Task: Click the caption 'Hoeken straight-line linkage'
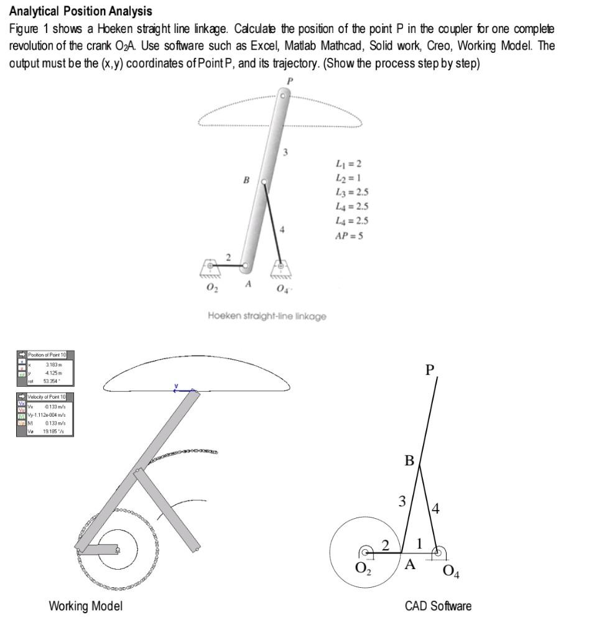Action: click(x=267, y=316)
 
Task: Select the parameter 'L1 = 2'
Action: click(x=348, y=164)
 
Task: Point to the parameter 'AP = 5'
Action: click(x=350, y=236)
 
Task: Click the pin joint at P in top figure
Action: click(x=283, y=96)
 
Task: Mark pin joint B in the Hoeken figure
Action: click(x=264, y=182)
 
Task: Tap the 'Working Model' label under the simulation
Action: click(x=85, y=606)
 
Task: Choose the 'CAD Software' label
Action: click(x=438, y=606)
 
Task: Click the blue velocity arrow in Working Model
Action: click(x=183, y=391)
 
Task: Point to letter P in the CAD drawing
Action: click(x=429, y=370)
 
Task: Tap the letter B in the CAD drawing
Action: click(x=409, y=461)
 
